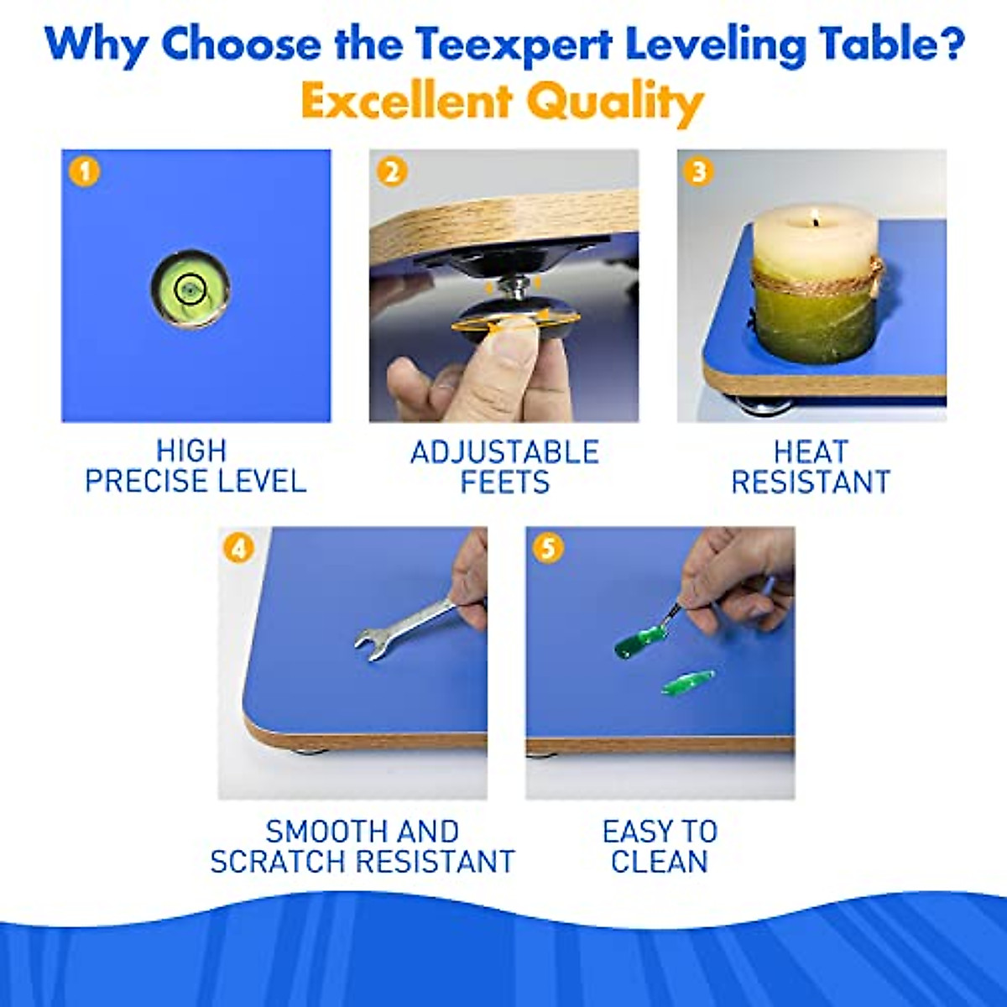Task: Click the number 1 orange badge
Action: tap(86, 172)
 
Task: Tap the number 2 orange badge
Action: tap(392, 172)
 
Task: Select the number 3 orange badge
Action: tap(698, 172)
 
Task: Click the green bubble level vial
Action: tap(190, 289)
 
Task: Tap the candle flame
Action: tap(813, 222)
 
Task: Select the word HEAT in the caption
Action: tap(811, 452)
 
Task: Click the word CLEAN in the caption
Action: tap(660, 862)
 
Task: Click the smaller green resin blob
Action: tap(687, 681)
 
